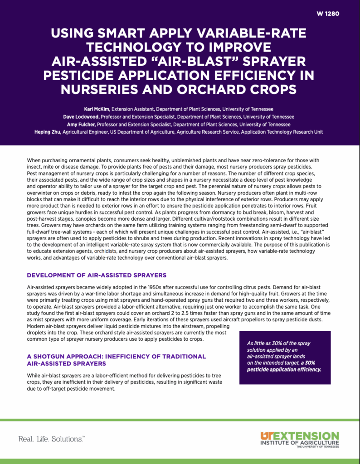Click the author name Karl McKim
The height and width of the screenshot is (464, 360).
coord(97,109)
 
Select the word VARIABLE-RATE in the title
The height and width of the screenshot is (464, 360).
coord(251,34)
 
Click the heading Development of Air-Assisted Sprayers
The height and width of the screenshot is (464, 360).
coord(97,275)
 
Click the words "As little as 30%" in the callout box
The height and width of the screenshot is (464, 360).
coord(268,343)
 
